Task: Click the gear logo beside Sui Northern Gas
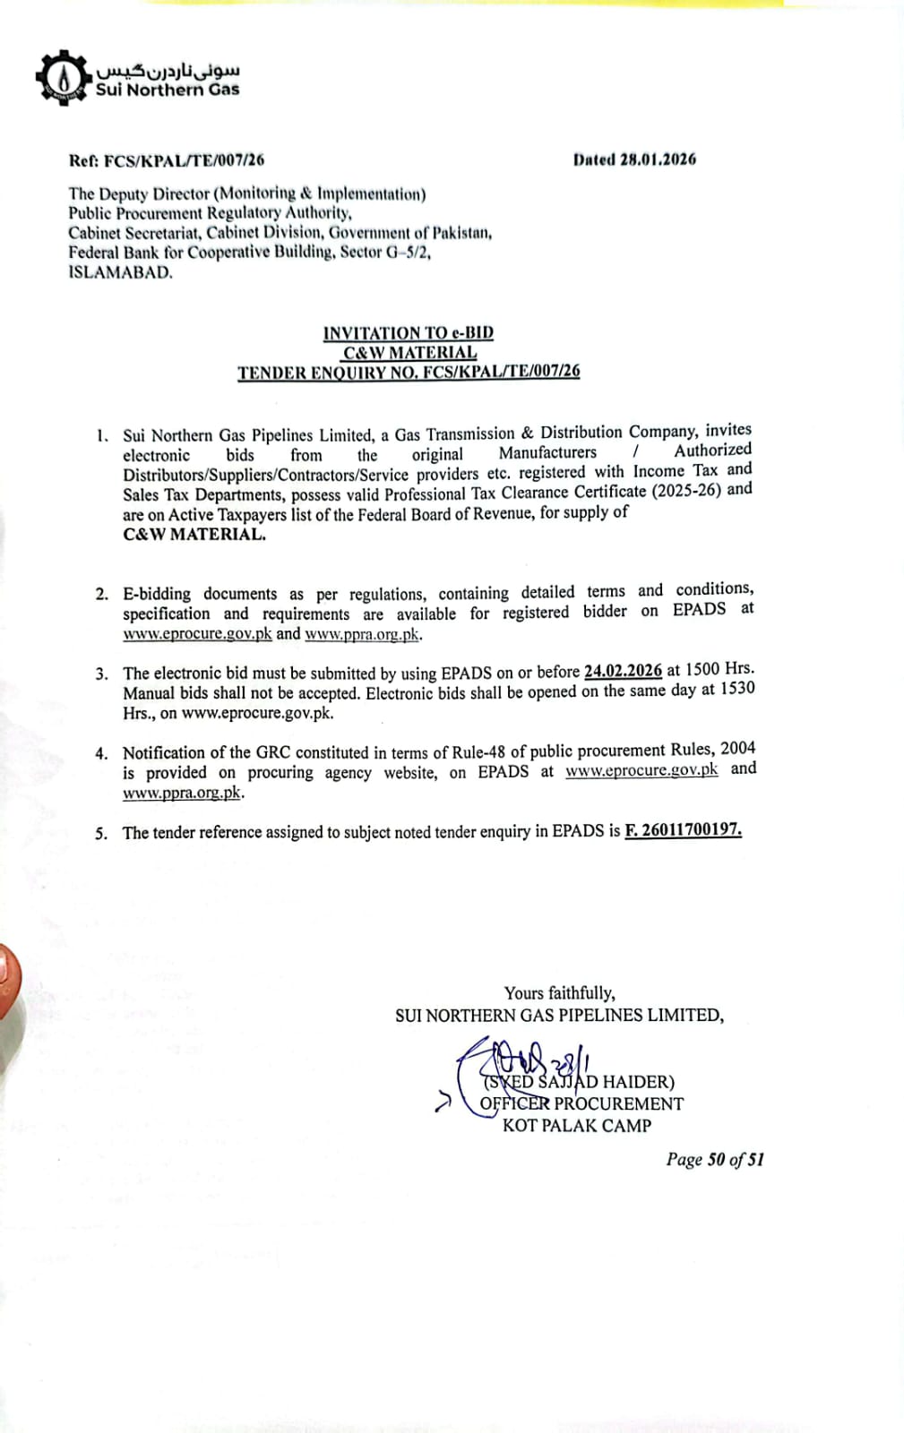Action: click(x=63, y=78)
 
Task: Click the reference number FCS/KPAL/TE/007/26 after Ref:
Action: click(x=184, y=161)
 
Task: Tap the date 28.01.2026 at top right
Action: click(x=658, y=159)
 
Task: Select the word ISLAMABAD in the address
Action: click(x=120, y=273)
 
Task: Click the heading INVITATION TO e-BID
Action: click(x=409, y=333)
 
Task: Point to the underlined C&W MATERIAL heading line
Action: click(x=409, y=353)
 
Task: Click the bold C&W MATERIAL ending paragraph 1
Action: click(x=194, y=535)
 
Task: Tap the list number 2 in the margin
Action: click(x=102, y=594)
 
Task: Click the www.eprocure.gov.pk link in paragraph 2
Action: click(x=197, y=634)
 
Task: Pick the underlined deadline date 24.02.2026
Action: click(x=623, y=671)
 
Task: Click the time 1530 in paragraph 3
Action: click(x=737, y=688)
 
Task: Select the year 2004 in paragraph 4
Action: click(x=737, y=748)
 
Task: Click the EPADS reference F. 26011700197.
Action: click(x=683, y=829)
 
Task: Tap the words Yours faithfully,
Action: click(x=559, y=993)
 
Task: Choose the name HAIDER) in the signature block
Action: click(x=639, y=1082)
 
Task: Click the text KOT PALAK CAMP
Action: click(x=577, y=1126)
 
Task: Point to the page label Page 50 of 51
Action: click(x=715, y=1160)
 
